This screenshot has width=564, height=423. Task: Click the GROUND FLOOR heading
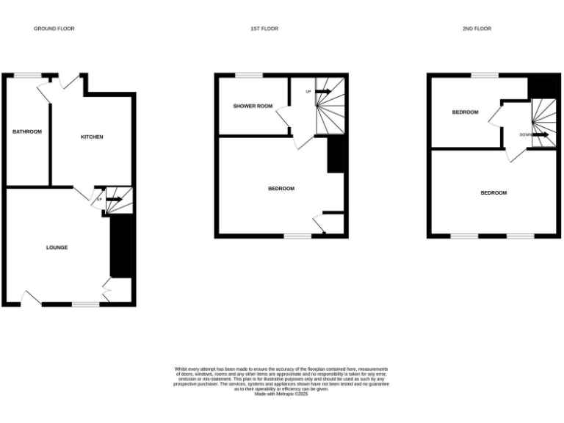54,29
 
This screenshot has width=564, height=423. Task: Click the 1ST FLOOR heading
264,29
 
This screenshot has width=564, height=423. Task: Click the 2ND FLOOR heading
477,29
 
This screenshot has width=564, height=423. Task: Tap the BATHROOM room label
27,131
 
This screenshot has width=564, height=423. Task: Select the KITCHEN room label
92,137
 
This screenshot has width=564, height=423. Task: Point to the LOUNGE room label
57,247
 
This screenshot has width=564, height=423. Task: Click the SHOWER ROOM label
253,106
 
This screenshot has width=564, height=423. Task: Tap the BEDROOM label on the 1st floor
281,189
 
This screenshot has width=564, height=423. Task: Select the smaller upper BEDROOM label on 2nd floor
465,112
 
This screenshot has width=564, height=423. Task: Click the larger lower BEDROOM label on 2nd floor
493,193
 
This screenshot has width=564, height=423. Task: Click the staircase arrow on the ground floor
114,199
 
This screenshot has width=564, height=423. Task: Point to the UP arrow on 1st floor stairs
323,92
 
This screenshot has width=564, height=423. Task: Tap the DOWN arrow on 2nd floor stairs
541,135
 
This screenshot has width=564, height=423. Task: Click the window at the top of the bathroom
28,75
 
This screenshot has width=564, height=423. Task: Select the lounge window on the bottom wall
85,304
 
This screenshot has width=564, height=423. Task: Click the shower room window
249,75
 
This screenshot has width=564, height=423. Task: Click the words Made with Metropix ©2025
281,394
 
